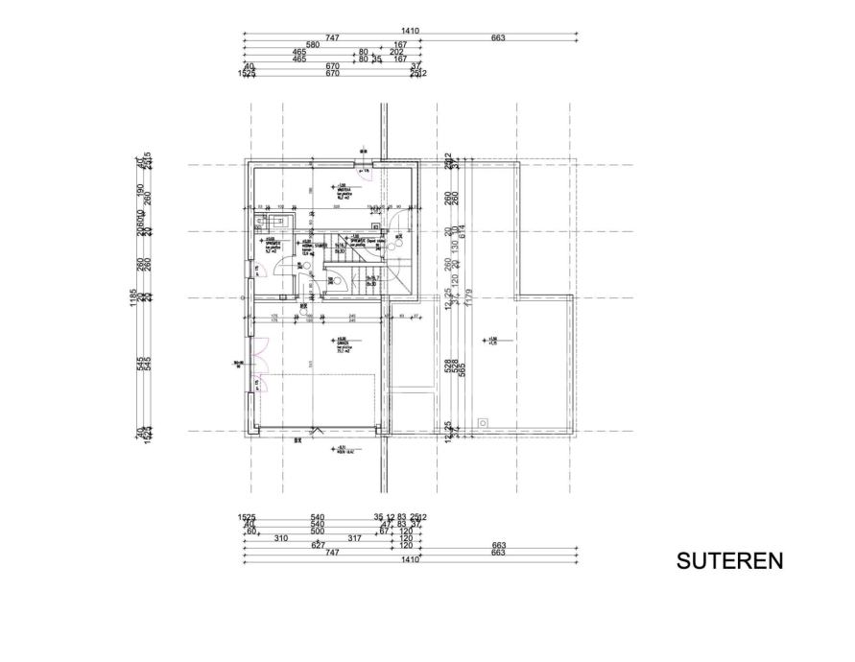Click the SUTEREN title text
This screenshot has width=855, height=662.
click(729, 561)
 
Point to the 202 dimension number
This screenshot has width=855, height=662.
click(396, 52)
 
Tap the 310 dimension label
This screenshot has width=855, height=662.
click(281, 538)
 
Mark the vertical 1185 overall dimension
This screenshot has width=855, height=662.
click(133, 298)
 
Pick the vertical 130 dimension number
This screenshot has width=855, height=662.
click(459, 246)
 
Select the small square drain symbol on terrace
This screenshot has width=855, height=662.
click(485, 420)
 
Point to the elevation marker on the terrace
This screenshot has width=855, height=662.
click(492, 341)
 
